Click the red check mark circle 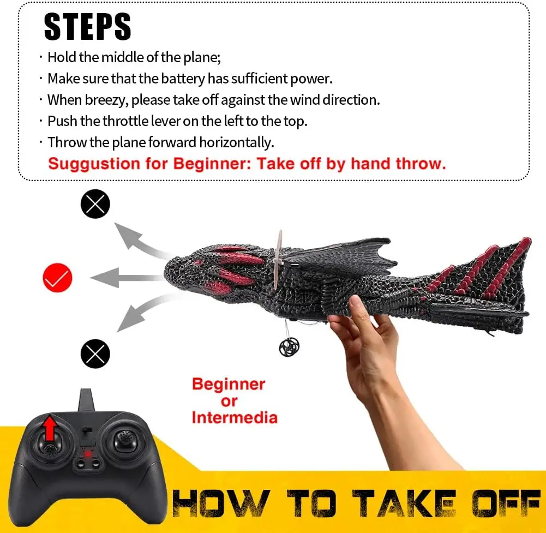pyautogui.click(x=57, y=278)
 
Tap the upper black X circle pyautogui.click(x=95, y=204)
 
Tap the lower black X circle pyautogui.click(x=95, y=354)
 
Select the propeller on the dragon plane pyautogui.click(x=278, y=259)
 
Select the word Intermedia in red pyautogui.click(x=234, y=418)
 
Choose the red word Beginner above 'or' pyautogui.click(x=229, y=384)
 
